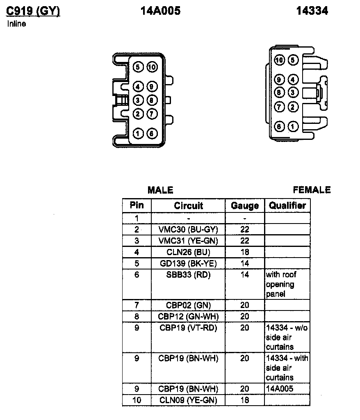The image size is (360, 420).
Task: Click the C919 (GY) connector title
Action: [x=33, y=11]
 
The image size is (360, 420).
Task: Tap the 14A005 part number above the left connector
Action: [x=160, y=11]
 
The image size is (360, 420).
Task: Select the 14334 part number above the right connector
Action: [x=312, y=11]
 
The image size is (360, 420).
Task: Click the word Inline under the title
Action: [x=16, y=24]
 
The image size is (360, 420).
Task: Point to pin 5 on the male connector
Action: [x=138, y=67]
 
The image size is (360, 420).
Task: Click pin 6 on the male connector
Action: [x=151, y=133]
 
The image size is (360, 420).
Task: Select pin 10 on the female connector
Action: [x=280, y=61]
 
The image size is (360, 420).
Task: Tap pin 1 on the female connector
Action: [x=292, y=126]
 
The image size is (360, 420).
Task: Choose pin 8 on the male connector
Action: [x=151, y=100]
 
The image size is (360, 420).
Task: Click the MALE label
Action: [x=160, y=190]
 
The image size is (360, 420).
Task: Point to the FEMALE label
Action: [x=312, y=190]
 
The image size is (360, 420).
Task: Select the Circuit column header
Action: [x=188, y=205]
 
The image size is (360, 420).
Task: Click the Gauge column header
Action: [x=245, y=205]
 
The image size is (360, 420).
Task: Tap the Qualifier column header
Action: [x=287, y=205]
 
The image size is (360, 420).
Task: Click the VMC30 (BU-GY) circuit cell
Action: [x=188, y=230]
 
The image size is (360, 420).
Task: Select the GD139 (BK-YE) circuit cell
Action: [x=188, y=263]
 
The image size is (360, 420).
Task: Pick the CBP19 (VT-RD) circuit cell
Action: [x=188, y=328]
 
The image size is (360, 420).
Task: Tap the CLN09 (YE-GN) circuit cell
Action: [x=188, y=400]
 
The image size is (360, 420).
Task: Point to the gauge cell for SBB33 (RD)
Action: [x=245, y=275]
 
